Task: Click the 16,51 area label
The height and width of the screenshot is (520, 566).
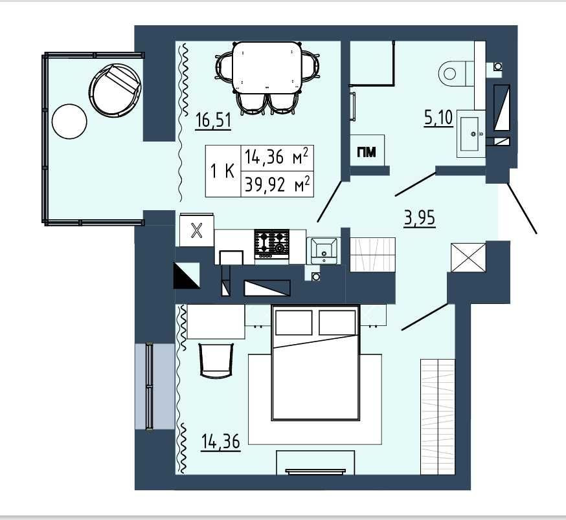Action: pos(213,120)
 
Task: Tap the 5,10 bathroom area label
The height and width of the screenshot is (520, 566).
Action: pos(438,118)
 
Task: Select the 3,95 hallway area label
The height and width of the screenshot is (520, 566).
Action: pos(420,219)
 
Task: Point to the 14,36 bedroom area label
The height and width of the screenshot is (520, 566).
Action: pos(221,441)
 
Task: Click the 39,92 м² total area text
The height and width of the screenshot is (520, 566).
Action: pos(277,184)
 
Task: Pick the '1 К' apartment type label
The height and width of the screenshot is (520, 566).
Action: pos(223,171)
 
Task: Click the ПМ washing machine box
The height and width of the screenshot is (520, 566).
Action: pos(367,151)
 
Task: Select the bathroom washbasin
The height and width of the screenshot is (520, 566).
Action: pos(471,134)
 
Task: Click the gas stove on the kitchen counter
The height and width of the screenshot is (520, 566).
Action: pos(272,243)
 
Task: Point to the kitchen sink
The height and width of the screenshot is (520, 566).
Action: pos(323,251)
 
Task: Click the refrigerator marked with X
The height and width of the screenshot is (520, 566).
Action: pos(196,230)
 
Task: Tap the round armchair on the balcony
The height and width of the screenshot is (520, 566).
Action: pos(115,90)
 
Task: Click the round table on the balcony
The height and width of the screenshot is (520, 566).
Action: pos(69,121)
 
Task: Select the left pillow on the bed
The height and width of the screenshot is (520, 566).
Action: pos(294,322)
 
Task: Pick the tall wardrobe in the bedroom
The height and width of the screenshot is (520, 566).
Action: pos(438,417)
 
